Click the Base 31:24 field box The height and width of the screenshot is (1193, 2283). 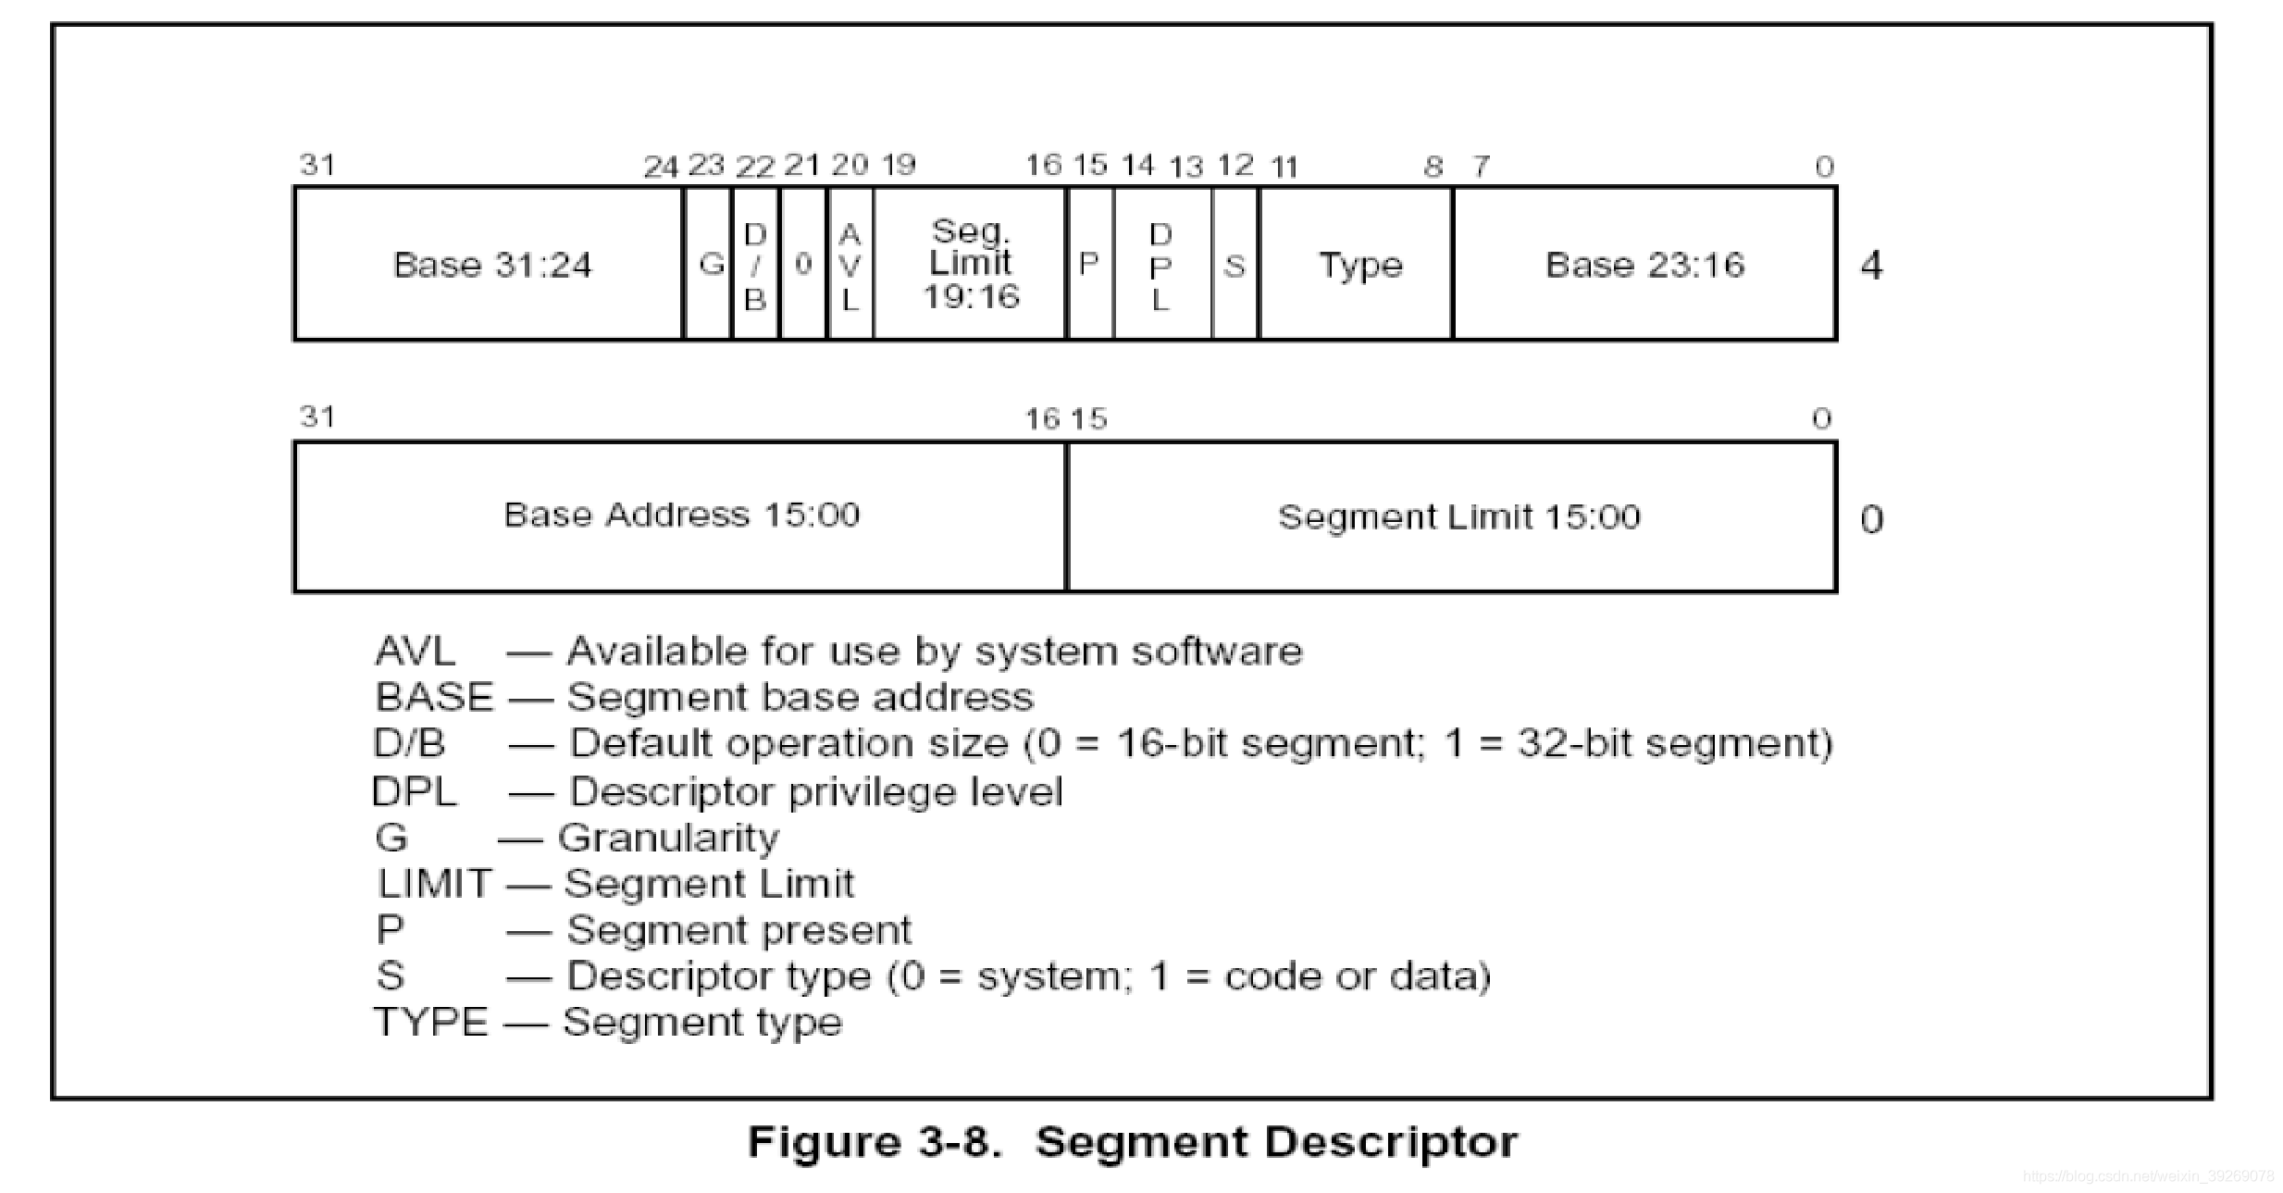pos(489,264)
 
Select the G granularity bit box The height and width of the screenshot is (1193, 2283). pos(708,264)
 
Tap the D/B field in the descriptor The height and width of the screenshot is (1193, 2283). pos(756,264)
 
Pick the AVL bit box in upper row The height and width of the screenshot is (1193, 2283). pos(850,264)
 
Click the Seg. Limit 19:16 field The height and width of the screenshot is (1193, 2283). pos(970,264)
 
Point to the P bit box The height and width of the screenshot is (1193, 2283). pos(1091,264)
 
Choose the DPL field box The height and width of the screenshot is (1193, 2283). pos(1163,264)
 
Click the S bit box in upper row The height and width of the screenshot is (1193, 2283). pos(1235,264)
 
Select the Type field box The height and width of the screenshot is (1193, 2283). pos(1357,264)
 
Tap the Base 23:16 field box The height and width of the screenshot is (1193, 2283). pos(1645,264)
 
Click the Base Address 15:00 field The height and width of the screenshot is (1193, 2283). pos(680,516)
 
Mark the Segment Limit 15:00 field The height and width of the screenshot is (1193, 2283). pos(1452,516)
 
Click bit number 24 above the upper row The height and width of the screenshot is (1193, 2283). pos(661,168)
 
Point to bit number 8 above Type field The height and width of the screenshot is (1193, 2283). pos(1433,167)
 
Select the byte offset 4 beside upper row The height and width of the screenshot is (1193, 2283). pos(1871,266)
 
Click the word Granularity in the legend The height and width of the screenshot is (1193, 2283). pos(668,838)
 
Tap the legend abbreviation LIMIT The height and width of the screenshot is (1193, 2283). pos(434,884)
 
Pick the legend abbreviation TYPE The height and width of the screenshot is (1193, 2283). pos(430,1023)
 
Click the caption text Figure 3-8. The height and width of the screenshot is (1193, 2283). pos(875,1141)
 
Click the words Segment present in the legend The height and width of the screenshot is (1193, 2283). pos(738,930)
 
